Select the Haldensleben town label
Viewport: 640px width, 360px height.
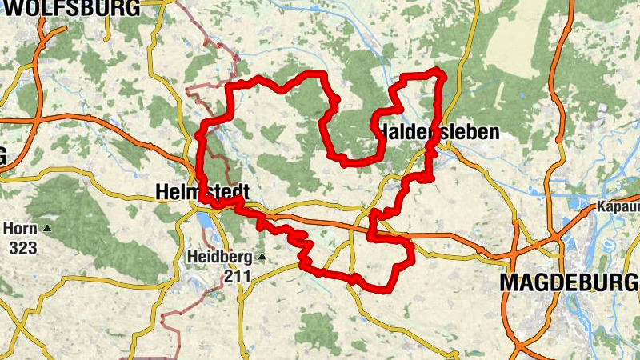439,132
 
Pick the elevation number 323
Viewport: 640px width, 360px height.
22,248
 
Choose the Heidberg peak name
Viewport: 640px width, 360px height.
218,258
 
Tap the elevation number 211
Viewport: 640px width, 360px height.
238,277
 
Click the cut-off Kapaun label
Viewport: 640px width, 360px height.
618,207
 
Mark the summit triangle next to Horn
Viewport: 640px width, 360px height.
46,230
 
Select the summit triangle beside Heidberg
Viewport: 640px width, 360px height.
260,258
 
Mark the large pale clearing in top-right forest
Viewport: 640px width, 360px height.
512,40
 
